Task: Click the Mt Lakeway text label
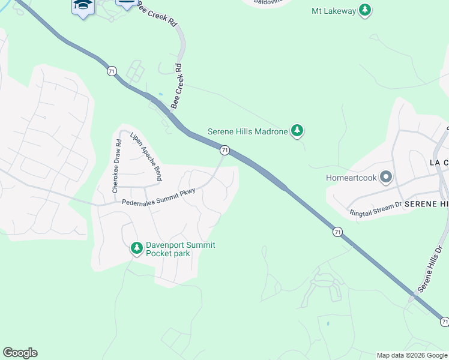[x=334, y=11]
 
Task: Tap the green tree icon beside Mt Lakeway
[x=365, y=10]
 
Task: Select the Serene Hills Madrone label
[x=247, y=131]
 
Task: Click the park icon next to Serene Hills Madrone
[x=297, y=131]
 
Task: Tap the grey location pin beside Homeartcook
[x=386, y=178]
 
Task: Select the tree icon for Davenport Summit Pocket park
[x=137, y=248]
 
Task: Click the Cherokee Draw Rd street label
[x=117, y=165]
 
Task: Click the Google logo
[x=20, y=353]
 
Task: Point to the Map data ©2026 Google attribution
[x=412, y=355]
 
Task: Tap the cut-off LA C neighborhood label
[x=439, y=163]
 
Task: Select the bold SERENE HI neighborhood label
[x=426, y=205]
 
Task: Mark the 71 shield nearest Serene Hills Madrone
[x=224, y=149]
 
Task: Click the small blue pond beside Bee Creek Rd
[x=160, y=94]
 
